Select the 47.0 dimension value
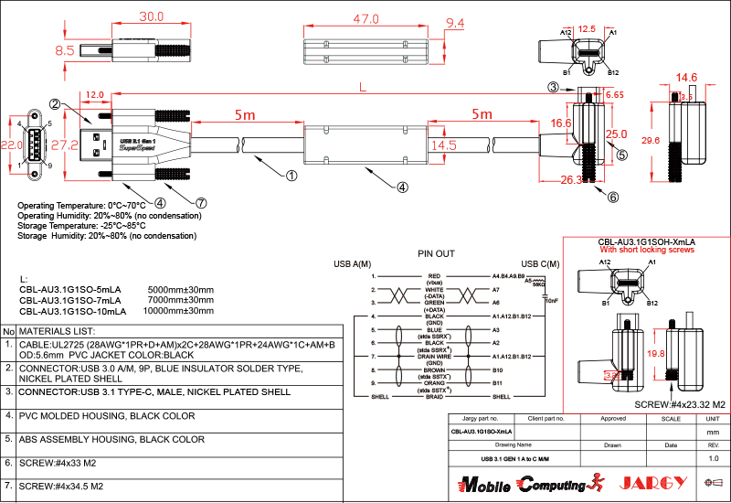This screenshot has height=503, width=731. click(366, 19)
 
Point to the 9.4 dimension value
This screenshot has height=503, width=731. click(455, 23)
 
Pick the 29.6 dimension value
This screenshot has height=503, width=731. click(651, 141)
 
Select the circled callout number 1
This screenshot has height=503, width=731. click(291, 175)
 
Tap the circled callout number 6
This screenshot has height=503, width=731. click(612, 197)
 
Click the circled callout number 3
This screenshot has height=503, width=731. click(553, 88)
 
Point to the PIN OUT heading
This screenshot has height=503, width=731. click(436, 253)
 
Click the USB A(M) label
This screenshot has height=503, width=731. click(351, 264)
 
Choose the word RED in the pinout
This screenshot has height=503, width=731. click(434, 275)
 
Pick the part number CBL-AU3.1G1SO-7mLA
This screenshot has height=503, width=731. click(70, 300)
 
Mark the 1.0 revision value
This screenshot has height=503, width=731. click(714, 457)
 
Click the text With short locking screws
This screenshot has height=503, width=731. click(647, 250)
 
